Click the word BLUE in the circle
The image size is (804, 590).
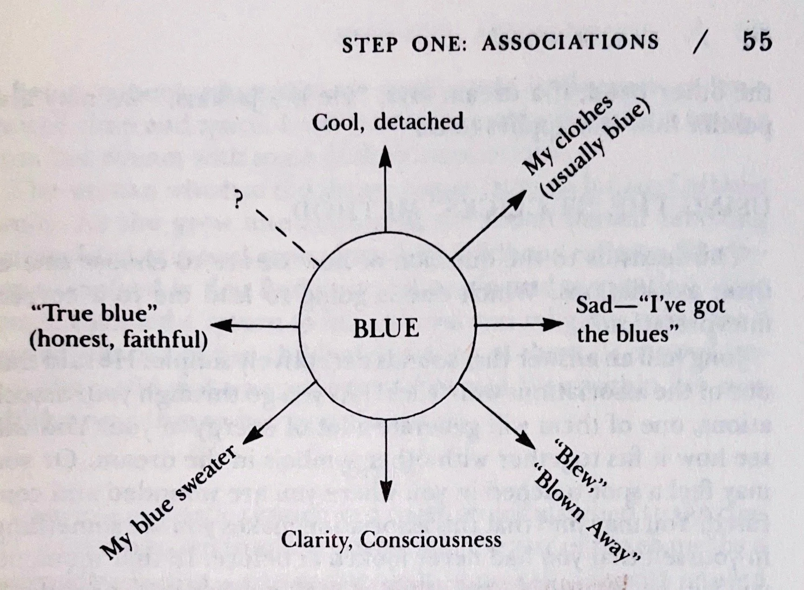pos(386,328)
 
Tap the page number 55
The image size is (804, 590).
pos(757,41)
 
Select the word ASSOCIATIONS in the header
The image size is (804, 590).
pos(570,43)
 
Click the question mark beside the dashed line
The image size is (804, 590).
pos(238,201)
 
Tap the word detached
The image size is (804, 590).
pos(419,122)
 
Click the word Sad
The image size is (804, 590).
pos(594,305)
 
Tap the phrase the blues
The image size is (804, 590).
pos(627,334)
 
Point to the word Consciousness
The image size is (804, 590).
pos(431,540)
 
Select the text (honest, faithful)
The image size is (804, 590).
pos(118,340)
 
